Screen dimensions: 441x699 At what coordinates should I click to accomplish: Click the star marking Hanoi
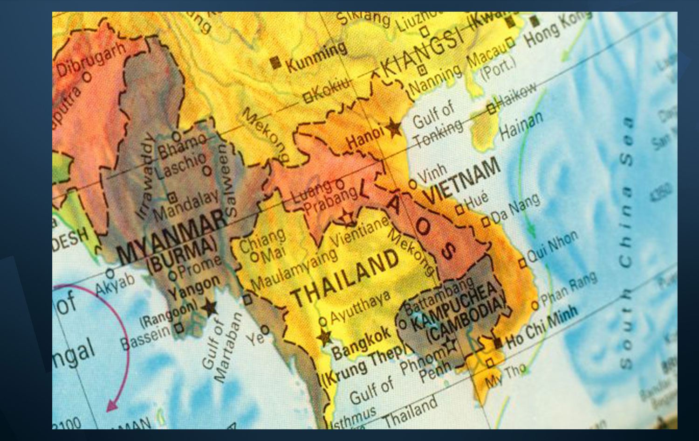pyautogui.click(x=394, y=126)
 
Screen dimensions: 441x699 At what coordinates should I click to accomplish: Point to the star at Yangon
pyautogui.click(x=210, y=308)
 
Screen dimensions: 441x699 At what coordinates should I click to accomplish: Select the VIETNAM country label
pyautogui.click(x=461, y=180)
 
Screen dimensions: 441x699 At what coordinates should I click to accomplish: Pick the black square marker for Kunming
pyautogui.click(x=276, y=63)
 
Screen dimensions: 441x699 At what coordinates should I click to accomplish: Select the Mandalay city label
pyautogui.click(x=186, y=205)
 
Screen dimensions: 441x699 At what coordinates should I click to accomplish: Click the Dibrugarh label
pyautogui.click(x=91, y=58)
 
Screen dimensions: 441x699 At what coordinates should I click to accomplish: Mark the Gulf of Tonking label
pyautogui.click(x=436, y=124)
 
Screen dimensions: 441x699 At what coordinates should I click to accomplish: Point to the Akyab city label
pyautogui.click(x=115, y=284)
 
